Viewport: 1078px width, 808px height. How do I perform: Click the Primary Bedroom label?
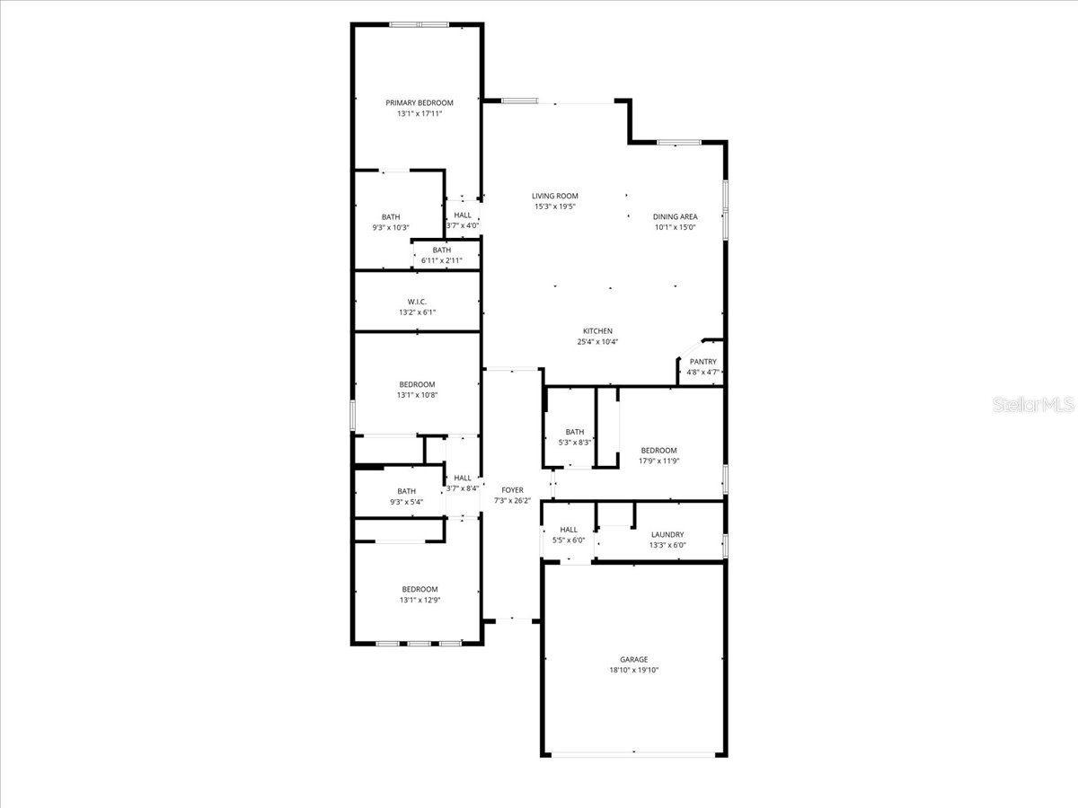tap(420, 102)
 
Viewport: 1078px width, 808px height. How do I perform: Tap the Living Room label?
tap(554, 196)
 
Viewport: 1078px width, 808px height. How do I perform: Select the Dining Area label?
tap(675, 216)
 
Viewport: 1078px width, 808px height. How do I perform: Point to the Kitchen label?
tap(597, 331)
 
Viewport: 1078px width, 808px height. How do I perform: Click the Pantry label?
tap(702, 362)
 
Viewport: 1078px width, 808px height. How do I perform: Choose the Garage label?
tap(633, 659)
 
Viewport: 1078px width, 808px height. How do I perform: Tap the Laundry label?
tap(667, 534)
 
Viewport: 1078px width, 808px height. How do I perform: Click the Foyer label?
tap(512, 490)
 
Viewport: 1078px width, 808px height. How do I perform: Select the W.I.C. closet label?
tap(417, 302)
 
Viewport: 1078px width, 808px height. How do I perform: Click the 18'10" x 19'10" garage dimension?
tap(633, 670)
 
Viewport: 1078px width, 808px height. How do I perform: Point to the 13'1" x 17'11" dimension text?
tap(420, 114)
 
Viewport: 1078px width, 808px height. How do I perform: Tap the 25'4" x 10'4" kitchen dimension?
tap(597, 342)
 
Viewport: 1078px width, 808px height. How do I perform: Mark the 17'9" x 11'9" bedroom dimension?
tap(658, 461)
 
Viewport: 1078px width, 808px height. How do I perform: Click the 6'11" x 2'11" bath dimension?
tap(441, 260)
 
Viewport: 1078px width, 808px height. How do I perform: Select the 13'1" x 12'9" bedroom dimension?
tap(420, 601)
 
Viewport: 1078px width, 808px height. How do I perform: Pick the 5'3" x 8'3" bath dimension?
tap(575, 443)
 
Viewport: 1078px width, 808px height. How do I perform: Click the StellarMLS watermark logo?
tap(1033, 406)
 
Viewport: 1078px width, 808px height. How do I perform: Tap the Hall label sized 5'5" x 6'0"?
tap(569, 530)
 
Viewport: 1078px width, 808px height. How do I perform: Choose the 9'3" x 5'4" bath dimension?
tap(406, 502)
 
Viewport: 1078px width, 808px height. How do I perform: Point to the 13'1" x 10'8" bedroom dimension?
tap(417, 395)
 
